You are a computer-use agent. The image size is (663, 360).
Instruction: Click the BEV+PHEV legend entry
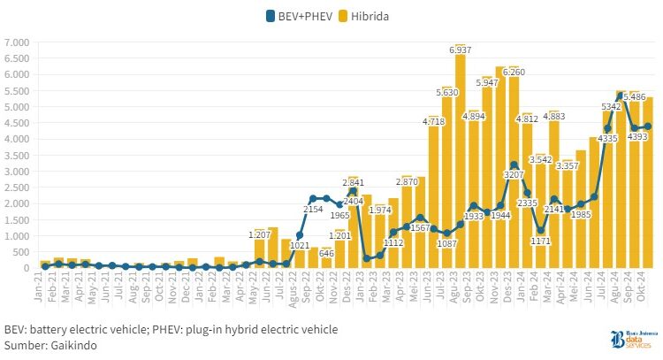click(301, 15)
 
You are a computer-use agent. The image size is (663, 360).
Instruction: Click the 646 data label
click(326, 254)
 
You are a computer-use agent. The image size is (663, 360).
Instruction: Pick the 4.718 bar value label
click(434, 121)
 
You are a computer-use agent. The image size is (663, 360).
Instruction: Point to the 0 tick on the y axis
click(27, 268)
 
